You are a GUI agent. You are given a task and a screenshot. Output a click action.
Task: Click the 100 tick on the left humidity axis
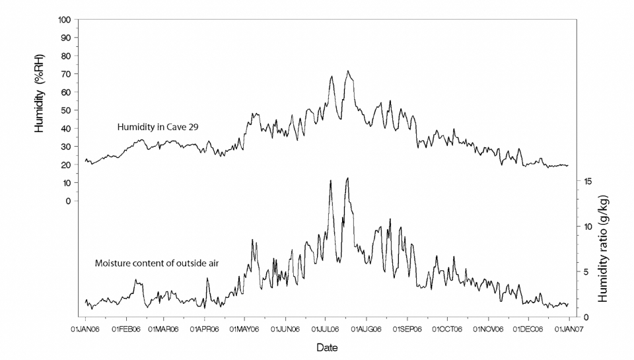pos(65,20)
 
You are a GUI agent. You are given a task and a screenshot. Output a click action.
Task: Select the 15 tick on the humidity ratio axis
pos(586,181)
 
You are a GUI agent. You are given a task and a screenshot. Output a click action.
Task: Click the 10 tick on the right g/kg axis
pos(586,226)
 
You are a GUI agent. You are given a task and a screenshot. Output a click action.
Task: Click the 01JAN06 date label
pos(85,328)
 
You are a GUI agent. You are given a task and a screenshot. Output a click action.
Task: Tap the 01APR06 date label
pos(205,328)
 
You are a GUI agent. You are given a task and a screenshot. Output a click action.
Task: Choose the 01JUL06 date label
pos(325,328)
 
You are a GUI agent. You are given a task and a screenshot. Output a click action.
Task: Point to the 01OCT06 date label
pos(447,328)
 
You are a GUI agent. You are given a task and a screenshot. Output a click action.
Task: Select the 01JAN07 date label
pos(568,328)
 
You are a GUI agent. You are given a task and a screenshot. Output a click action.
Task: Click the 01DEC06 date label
pos(528,328)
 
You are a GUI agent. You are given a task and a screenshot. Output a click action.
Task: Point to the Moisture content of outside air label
pos(157,264)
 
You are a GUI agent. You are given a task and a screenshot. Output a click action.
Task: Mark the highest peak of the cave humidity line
pos(348,71)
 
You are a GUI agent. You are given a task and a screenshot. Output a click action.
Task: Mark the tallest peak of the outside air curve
pos(347,178)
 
